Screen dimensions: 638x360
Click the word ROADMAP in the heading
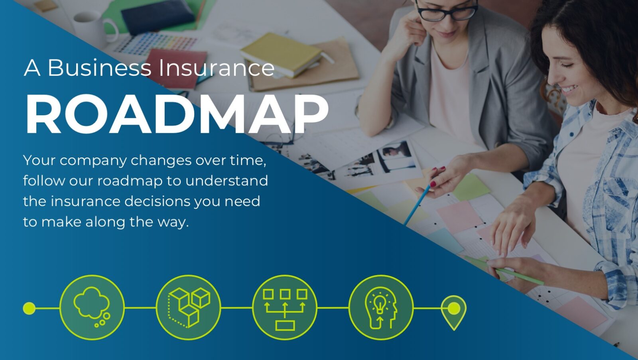pyautogui.click(x=177, y=114)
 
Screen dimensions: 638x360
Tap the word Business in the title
pyautogui.click(x=99, y=68)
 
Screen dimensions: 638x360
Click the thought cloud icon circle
pyautogui.click(x=92, y=307)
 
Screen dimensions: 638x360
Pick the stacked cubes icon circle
pyautogui.click(x=188, y=307)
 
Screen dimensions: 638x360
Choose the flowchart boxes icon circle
pyautogui.click(x=285, y=307)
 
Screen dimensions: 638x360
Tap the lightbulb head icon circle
pyautogui.click(x=381, y=307)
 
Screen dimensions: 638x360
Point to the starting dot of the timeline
pyautogui.click(x=29, y=308)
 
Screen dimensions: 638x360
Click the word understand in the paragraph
pyautogui.click(x=227, y=181)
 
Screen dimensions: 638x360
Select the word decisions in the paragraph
pyautogui.click(x=158, y=201)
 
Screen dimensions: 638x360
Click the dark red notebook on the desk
pyautogui.click(x=177, y=68)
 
